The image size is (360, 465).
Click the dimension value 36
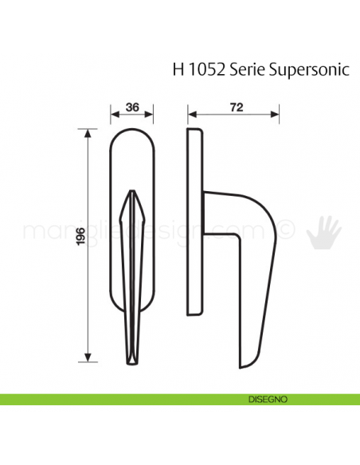[134, 106]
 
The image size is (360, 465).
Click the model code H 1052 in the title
[198, 69]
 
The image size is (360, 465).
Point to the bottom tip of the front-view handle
[134, 359]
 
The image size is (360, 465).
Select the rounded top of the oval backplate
[134, 131]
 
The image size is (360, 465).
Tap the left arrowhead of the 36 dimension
[112, 115]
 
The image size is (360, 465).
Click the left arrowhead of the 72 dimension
[189, 115]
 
